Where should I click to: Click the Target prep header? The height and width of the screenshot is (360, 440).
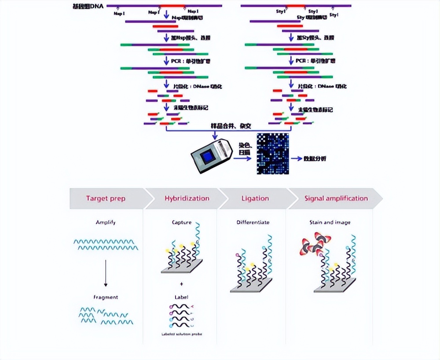106,198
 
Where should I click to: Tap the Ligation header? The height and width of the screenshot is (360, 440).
255,198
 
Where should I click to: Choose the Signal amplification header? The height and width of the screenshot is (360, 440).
336,198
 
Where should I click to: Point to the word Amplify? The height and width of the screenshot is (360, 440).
106,223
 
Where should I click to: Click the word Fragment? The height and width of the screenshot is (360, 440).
106,297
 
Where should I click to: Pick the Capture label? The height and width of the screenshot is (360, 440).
181,223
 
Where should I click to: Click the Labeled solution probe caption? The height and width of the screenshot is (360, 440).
181,334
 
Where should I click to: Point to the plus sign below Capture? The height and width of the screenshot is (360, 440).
181,284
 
